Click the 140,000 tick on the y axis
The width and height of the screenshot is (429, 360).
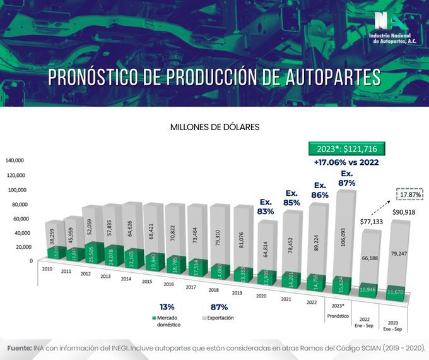tap(15, 160)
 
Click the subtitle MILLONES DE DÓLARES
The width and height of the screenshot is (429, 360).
tap(214, 127)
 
